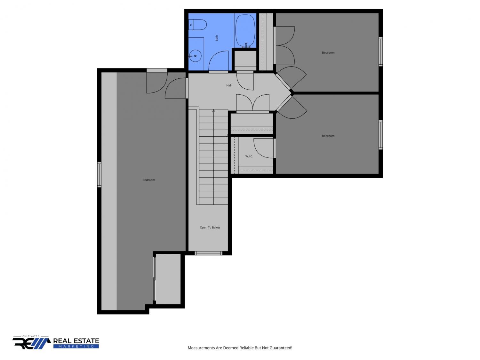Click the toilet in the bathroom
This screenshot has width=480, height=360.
(x=197, y=25)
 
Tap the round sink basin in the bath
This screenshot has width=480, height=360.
(x=195, y=56)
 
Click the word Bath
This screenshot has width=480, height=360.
(x=217, y=38)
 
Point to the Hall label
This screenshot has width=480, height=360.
(x=229, y=85)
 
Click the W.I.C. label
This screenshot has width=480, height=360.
(x=249, y=156)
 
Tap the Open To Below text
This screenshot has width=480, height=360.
(x=210, y=228)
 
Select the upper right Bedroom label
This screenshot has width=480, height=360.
(x=328, y=53)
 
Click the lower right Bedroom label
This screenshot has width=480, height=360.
(x=328, y=136)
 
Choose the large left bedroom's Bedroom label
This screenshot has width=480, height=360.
(x=149, y=180)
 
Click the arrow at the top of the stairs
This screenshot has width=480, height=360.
(x=213, y=111)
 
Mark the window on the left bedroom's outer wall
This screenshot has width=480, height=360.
(x=99, y=175)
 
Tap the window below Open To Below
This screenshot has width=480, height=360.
(x=208, y=253)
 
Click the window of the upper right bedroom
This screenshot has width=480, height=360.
(x=380, y=52)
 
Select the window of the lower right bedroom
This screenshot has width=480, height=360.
(x=380, y=135)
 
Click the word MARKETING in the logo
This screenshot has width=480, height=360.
(x=76, y=347)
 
